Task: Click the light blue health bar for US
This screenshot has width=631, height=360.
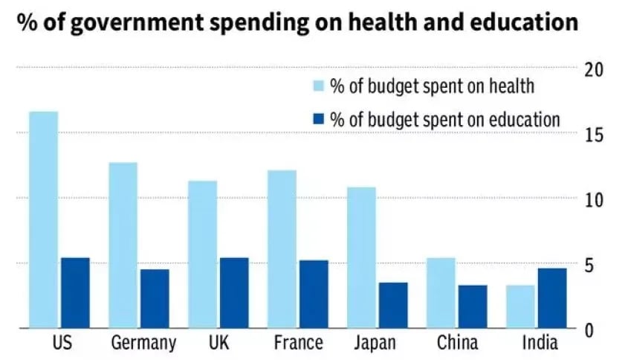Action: (44, 219)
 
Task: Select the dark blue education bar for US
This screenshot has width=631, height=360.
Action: (75, 292)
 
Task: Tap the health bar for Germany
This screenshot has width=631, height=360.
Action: (123, 245)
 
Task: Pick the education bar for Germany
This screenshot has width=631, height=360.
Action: (155, 298)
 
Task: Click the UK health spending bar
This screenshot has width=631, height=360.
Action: (202, 254)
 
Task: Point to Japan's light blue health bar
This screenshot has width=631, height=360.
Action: (361, 257)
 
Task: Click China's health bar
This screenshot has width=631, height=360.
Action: (441, 292)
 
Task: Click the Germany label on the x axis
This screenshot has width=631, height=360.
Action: (143, 343)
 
